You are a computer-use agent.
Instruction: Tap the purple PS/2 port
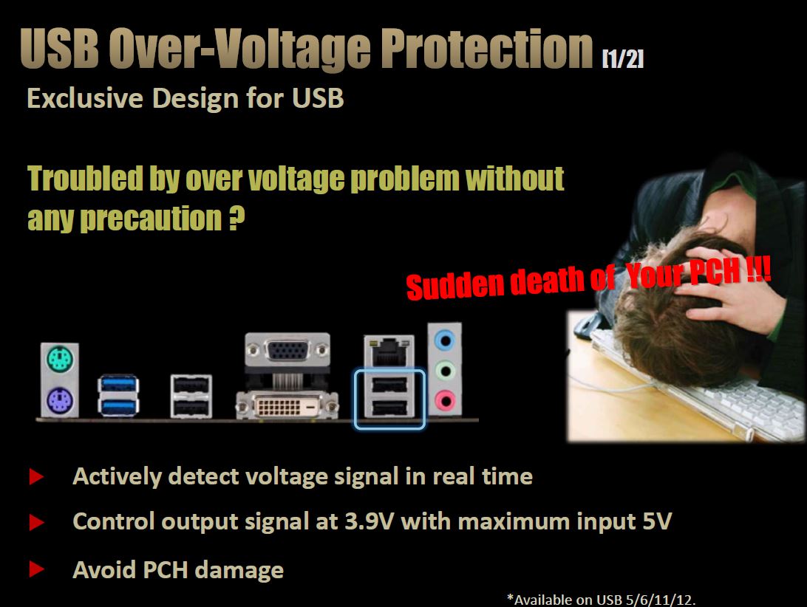click(60, 400)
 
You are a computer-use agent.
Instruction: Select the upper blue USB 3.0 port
click(118, 384)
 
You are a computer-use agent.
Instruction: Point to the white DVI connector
click(287, 406)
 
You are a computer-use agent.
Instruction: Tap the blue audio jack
click(445, 340)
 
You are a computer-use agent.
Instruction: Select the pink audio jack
click(445, 400)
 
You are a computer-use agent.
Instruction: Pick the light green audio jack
click(445, 371)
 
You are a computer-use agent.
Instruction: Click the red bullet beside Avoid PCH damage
click(36, 569)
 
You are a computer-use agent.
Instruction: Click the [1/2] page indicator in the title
click(623, 58)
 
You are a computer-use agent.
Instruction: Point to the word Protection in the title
click(487, 48)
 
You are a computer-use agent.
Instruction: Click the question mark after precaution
click(236, 218)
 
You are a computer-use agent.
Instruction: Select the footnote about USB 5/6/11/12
click(601, 600)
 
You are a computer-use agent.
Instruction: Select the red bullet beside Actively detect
click(36, 476)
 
